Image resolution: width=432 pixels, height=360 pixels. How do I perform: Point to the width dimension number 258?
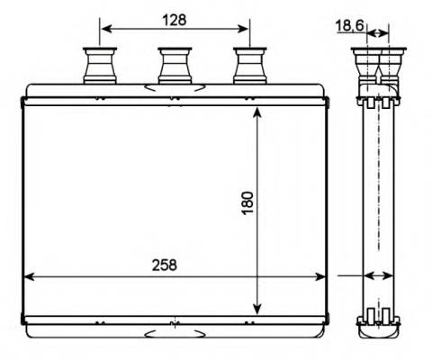(x=163, y=265)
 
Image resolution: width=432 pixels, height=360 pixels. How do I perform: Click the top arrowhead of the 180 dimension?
(x=258, y=112)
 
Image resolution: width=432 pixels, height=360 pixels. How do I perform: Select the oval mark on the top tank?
(x=173, y=87)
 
